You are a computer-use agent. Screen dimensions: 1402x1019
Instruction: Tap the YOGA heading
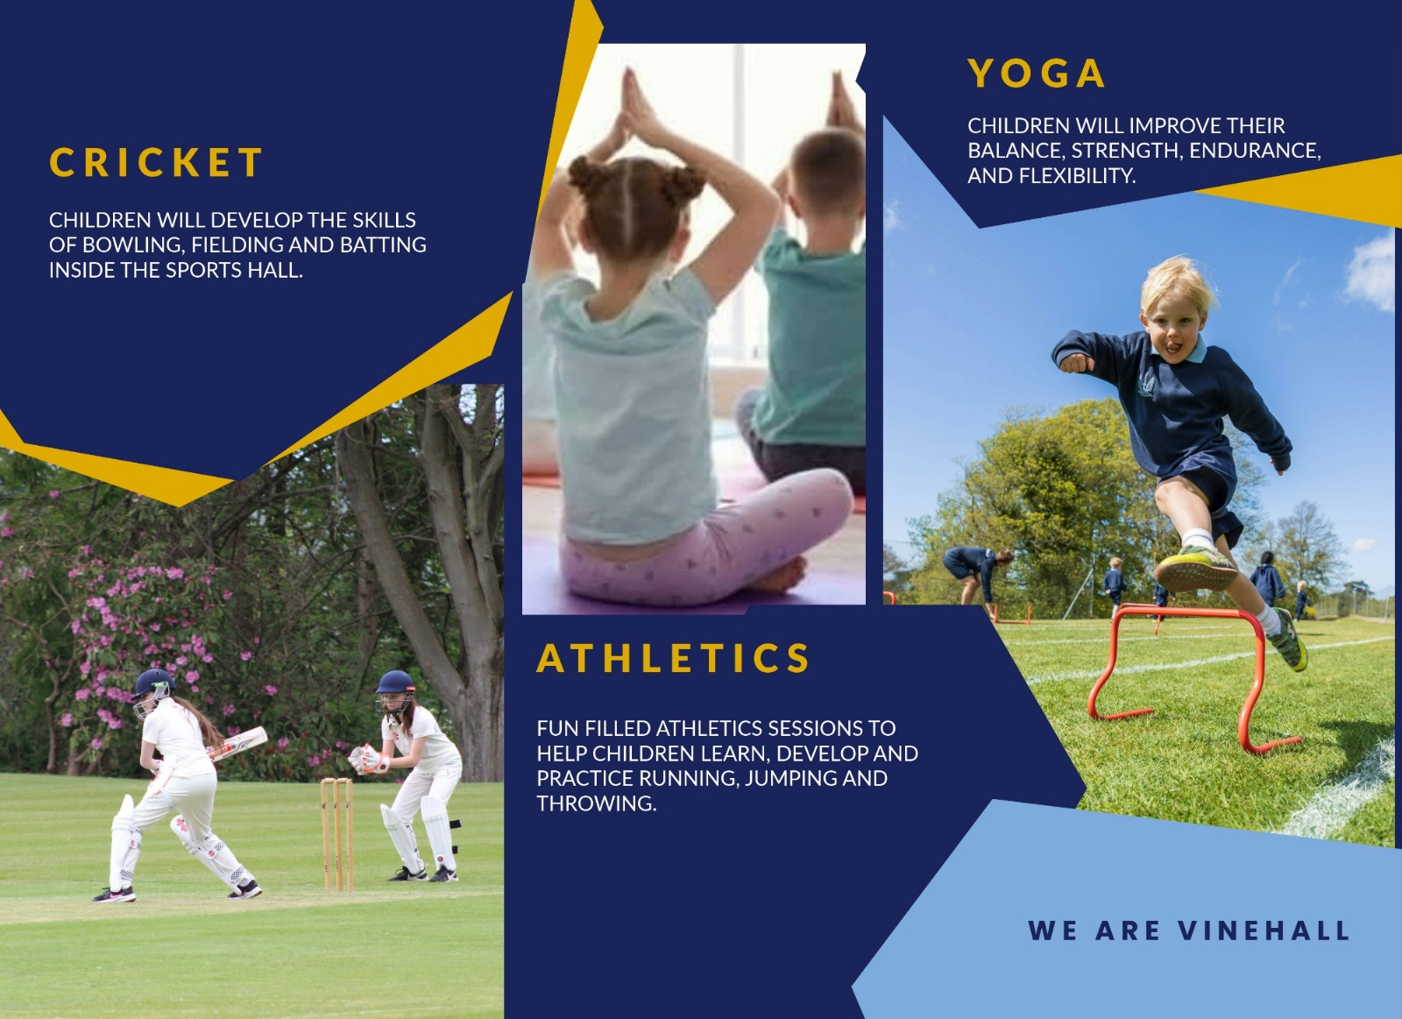point(1036,74)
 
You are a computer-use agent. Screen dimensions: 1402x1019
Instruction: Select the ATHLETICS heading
point(673,658)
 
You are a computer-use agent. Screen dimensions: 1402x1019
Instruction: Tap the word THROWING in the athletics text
point(596,803)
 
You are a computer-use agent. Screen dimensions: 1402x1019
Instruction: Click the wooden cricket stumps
point(337,834)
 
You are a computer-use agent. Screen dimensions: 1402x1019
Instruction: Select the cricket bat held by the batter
point(237,743)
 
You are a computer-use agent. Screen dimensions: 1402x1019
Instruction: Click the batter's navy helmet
point(152,683)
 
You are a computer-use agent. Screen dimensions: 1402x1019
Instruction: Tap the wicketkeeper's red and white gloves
point(369,760)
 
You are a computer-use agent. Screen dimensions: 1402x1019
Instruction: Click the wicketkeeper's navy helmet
point(395,683)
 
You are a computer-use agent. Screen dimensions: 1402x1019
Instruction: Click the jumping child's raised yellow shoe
point(1195,567)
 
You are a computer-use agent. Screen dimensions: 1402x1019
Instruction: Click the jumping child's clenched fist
point(1074,363)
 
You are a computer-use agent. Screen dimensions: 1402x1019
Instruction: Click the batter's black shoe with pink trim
point(115,895)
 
